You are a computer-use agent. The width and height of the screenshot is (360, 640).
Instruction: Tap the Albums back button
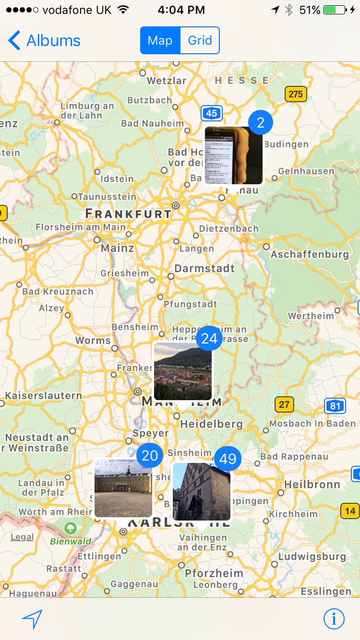coord(44,41)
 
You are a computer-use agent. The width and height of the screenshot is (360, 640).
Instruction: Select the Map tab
coord(160,41)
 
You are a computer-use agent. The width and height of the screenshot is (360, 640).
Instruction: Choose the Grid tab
coord(200,41)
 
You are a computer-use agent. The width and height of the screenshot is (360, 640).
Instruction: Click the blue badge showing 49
coord(228,459)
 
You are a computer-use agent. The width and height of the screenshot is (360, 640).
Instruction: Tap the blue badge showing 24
coord(209,339)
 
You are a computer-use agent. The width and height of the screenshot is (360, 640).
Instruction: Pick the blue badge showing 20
coord(150,455)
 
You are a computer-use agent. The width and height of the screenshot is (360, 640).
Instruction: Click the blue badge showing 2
coord(260,123)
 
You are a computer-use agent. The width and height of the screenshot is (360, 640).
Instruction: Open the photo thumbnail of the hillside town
coord(183,371)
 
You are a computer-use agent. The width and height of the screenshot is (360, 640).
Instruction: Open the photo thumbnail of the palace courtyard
coord(123,488)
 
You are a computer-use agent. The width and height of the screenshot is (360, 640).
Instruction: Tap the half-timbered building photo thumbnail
coord(202,491)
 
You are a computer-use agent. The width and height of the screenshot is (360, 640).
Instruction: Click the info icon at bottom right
coord(334,619)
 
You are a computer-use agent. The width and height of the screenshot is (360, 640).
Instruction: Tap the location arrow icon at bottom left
coord(32,619)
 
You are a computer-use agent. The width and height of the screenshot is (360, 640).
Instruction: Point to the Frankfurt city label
coord(129,214)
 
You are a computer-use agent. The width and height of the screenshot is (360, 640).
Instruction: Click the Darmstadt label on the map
coord(205,268)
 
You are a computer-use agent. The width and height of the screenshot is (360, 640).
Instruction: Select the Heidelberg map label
coord(211,424)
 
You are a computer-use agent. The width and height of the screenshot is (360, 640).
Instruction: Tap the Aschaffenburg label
coord(309,254)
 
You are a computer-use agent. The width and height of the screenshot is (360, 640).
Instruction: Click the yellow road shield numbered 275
coord(295,94)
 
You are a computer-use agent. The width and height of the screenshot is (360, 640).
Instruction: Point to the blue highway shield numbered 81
coord(334,406)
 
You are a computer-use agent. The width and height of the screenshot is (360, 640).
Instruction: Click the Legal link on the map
coord(22,537)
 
